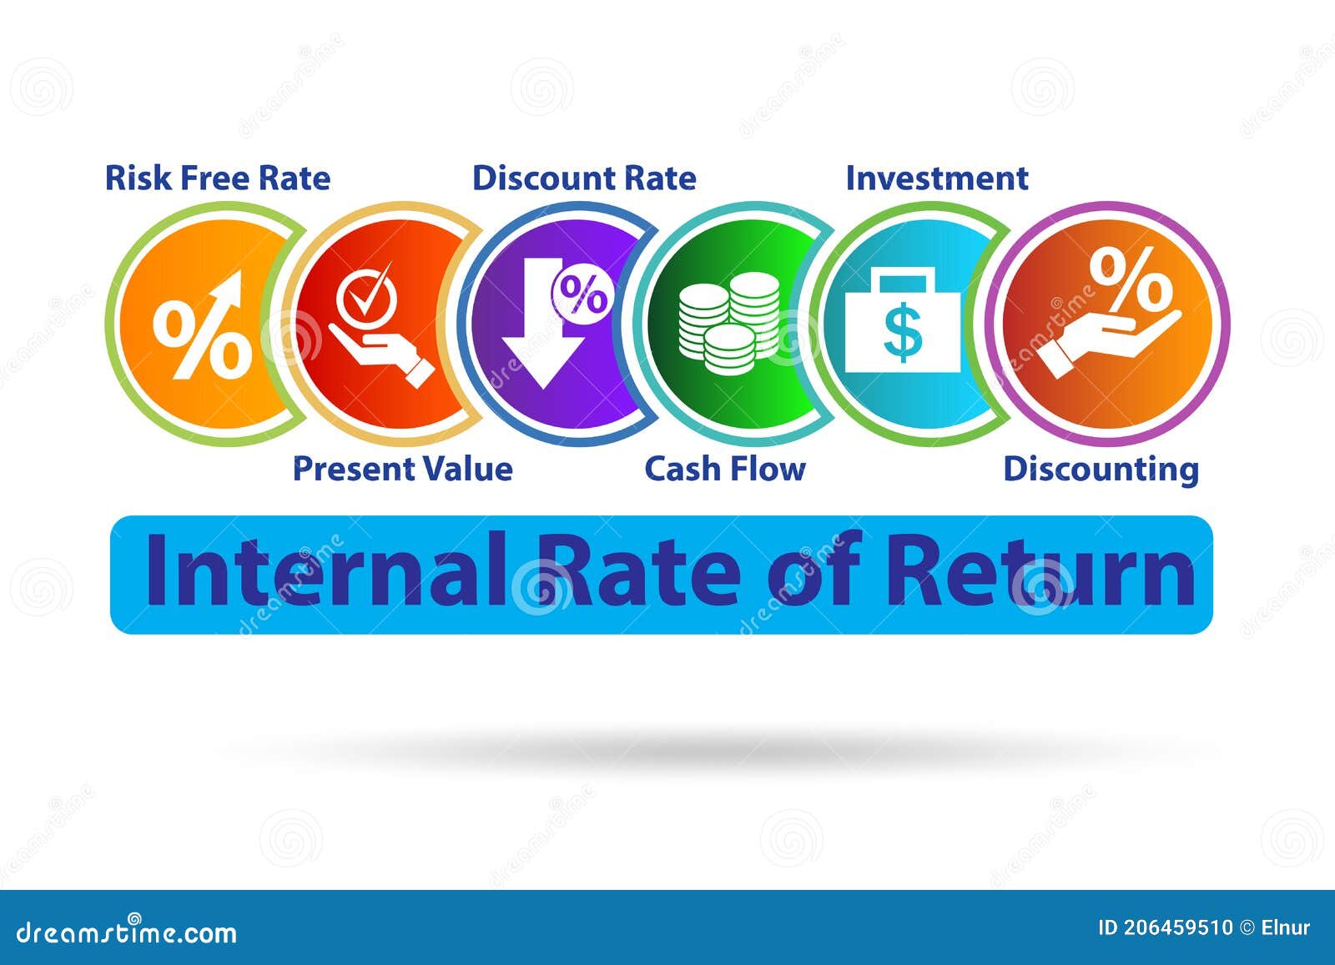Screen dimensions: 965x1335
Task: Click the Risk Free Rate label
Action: pyautogui.click(x=217, y=178)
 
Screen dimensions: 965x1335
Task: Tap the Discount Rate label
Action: pyautogui.click(x=584, y=178)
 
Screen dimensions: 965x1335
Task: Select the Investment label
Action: pyautogui.click(x=936, y=178)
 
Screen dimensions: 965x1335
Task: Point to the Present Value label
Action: pyautogui.click(x=402, y=469)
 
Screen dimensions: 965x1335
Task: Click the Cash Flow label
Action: pyautogui.click(x=725, y=469)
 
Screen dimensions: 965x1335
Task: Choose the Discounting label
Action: pyautogui.click(x=1101, y=469)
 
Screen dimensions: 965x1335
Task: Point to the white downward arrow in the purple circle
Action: pyautogui.click(x=542, y=334)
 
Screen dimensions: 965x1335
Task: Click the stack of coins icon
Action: pyautogui.click(x=728, y=322)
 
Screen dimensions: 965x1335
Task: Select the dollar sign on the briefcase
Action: pyautogui.click(x=903, y=330)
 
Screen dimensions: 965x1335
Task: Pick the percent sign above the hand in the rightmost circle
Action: pyautogui.click(x=1131, y=277)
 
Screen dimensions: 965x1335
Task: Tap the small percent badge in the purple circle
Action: pyautogui.click(x=582, y=294)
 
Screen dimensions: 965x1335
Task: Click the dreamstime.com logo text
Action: pyautogui.click(x=127, y=931)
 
